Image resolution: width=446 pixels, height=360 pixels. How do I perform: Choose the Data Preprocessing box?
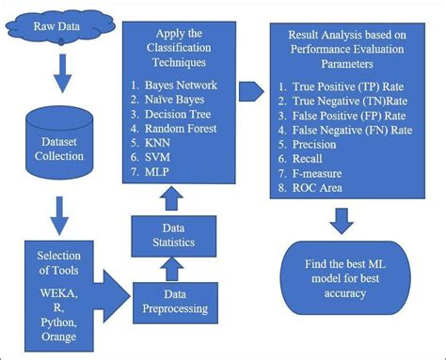click(x=176, y=300)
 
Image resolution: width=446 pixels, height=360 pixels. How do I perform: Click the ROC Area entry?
click(x=324, y=187)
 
